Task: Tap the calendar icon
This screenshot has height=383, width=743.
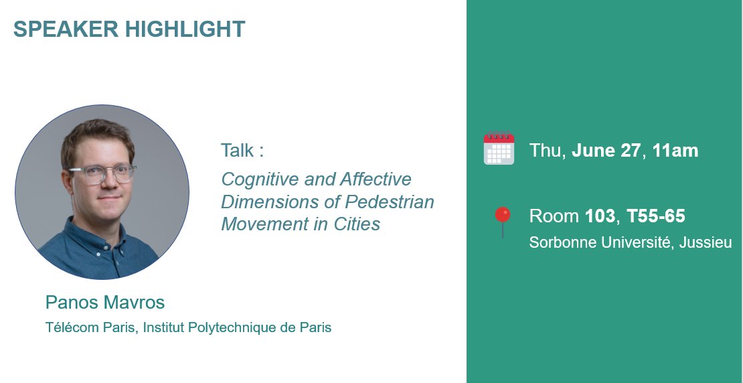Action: [x=499, y=149]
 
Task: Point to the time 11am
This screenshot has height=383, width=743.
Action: [x=675, y=151]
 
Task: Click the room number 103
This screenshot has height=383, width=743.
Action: [x=600, y=216]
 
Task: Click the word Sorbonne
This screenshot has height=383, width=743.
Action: [x=559, y=242]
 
